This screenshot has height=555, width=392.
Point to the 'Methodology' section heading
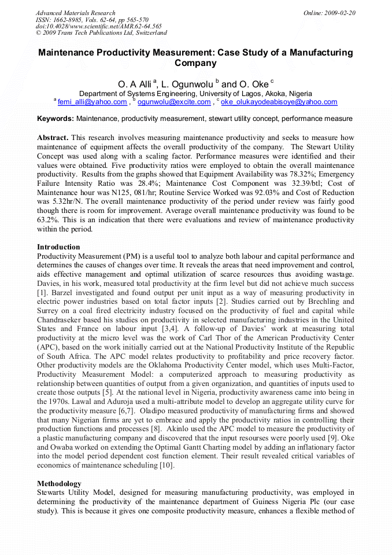60,483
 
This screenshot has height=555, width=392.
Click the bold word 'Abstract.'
53,138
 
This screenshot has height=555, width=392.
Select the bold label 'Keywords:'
56,119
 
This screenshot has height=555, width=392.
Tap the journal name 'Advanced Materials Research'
76,13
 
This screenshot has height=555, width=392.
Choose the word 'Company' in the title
195,63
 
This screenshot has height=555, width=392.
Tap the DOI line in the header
99,26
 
